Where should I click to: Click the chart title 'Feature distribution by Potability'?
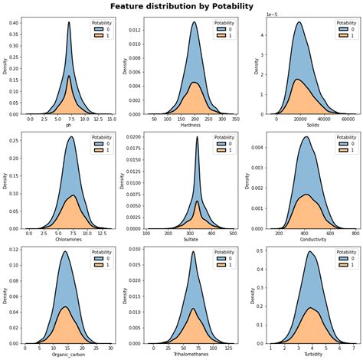click(x=181, y=6)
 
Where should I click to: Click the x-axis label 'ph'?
click(x=68, y=124)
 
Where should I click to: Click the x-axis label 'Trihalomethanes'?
click(x=192, y=355)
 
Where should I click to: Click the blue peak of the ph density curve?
click(x=69, y=22)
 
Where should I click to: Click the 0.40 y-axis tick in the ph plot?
click(x=15, y=22)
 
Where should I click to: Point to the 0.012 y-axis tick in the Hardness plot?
click(x=135, y=31)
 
